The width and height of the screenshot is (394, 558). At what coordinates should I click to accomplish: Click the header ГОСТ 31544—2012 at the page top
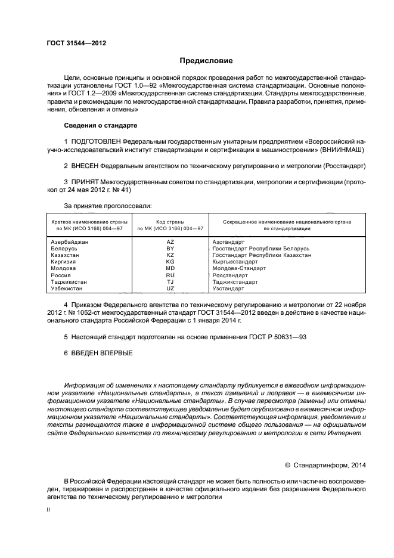76,44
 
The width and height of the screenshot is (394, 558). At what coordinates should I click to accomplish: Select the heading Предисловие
206,61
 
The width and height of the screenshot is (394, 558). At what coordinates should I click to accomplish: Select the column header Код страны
170,221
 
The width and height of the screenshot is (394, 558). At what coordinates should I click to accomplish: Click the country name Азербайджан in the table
70,242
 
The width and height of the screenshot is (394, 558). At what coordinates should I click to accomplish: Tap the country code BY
170,249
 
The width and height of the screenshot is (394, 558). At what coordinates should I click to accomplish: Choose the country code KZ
170,255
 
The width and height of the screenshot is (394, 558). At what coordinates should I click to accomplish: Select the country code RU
170,275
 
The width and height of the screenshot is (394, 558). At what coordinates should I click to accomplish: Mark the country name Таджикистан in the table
69,282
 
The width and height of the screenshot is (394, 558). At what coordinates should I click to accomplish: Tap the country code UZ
170,289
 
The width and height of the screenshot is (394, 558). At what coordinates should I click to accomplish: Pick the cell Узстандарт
228,289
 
